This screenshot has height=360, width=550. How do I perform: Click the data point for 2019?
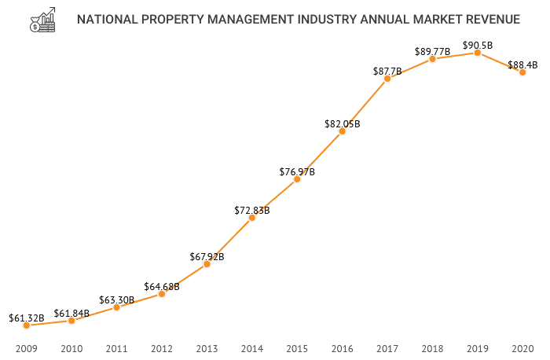(477, 52)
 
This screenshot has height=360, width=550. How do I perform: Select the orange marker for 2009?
(26, 325)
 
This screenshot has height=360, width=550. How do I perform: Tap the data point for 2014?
(251, 218)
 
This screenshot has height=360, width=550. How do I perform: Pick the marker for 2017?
(387, 79)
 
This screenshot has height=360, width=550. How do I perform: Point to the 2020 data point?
(522, 72)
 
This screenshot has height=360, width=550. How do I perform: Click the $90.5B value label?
(478, 46)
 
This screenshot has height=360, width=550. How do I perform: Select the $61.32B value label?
(27, 318)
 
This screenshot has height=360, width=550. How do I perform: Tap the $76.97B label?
(297, 172)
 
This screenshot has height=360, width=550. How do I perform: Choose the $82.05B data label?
(342, 124)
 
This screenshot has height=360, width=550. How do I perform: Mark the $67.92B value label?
(207, 257)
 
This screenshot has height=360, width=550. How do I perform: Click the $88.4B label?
(522, 65)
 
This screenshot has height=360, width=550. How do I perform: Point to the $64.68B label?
(162, 287)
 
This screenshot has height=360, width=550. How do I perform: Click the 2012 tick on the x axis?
(162, 347)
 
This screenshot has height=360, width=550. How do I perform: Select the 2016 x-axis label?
(342, 347)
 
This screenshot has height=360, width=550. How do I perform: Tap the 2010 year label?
(71, 347)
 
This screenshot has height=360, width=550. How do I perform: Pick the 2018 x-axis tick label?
(432, 347)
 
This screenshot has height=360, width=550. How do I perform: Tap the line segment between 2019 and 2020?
(500, 62)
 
